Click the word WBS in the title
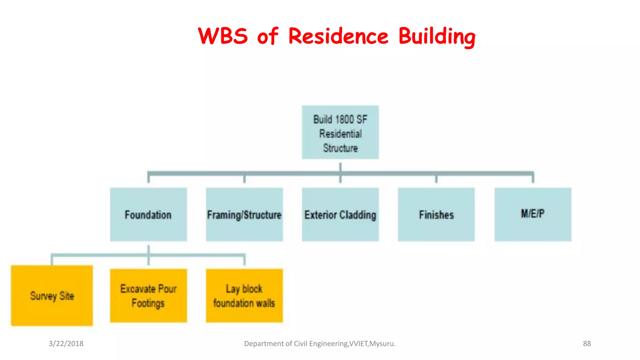(223, 36)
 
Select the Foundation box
(148, 214)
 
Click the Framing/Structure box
(244, 214)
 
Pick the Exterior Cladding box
(340, 214)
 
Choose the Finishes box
(436, 214)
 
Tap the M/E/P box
(533, 214)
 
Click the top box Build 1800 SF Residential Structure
(340, 132)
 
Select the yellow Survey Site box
(52, 295)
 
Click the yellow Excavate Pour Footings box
(148, 295)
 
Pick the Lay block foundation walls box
(244, 295)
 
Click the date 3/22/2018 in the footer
(66, 343)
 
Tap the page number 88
(587, 343)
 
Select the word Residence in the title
(338, 36)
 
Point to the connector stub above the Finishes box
(436, 179)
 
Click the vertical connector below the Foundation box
(148, 250)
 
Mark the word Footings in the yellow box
(148, 303)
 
